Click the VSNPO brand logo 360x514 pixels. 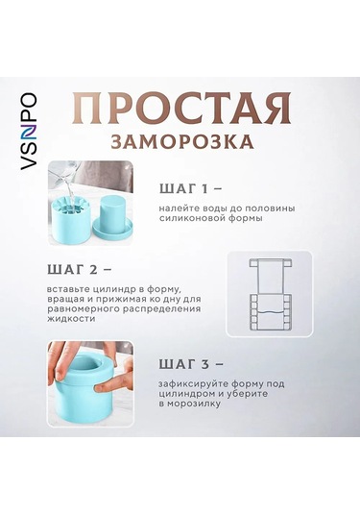[28, 132]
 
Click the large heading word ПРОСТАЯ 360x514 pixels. [181, 109]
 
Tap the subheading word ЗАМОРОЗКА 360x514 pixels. [182, 141]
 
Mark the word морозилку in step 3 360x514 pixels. [194, 404]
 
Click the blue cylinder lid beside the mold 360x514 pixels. [112, 218]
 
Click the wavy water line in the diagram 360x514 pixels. [269, 311]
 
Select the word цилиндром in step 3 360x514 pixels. [187, 394]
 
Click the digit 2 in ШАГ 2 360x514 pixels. [93, 270]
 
